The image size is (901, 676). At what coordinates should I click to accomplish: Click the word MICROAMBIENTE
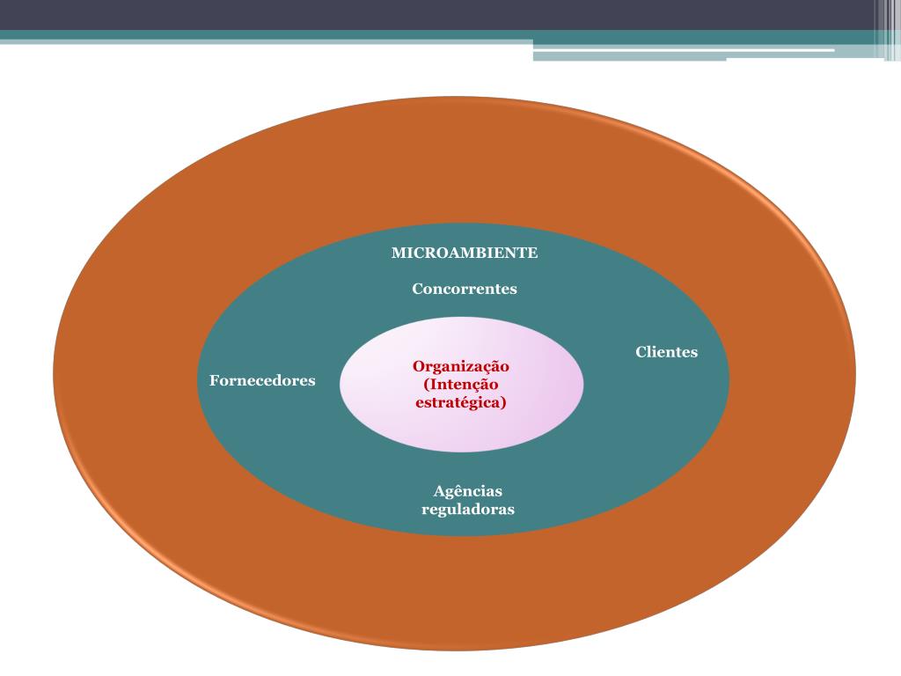[464, 253]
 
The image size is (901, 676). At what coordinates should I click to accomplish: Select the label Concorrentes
[464, 289]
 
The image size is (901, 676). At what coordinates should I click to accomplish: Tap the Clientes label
[666, 352]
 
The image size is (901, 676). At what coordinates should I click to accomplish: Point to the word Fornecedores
[262, 381]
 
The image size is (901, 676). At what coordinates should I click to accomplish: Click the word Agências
[467, 491]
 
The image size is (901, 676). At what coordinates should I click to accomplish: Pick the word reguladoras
[467, 510]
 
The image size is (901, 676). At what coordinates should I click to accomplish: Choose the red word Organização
[461, 366]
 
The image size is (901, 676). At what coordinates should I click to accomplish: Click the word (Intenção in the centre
[460, 385]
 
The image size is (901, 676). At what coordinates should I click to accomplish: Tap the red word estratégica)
[460, 403]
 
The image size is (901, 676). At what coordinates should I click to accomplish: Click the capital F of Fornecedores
[214, 381]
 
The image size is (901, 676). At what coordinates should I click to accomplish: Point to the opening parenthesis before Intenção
[426, 386]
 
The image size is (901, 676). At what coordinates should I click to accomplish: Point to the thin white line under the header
[683, 50]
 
